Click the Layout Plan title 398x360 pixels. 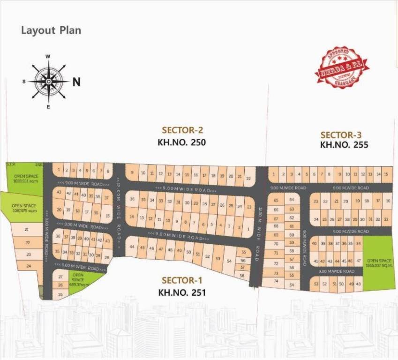51,30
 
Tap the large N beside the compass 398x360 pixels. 76,82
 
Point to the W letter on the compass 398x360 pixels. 48,56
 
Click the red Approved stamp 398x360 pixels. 342,67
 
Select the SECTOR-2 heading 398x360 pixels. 182,130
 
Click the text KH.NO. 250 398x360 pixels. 182,142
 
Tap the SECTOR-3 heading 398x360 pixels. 344,134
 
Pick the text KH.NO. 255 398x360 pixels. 344,145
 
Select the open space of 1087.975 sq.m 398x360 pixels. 23,208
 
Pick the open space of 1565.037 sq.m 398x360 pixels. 379,263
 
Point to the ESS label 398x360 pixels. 38,165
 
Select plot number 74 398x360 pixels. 276,281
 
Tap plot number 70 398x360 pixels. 276,244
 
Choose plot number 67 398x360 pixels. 276,218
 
